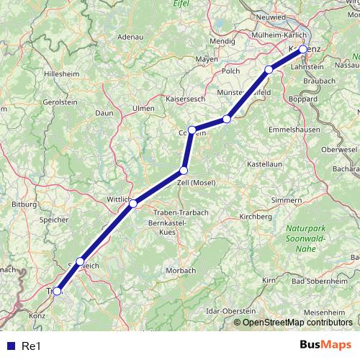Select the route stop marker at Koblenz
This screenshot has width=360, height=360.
303,49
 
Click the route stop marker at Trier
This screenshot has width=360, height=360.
57,292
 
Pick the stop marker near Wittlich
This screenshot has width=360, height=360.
132,204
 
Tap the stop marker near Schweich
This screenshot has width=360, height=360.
80,261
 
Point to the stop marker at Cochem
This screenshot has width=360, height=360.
192,130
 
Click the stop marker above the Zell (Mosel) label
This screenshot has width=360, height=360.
184,171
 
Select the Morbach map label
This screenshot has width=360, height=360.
180,270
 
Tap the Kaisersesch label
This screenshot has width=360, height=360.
186,98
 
